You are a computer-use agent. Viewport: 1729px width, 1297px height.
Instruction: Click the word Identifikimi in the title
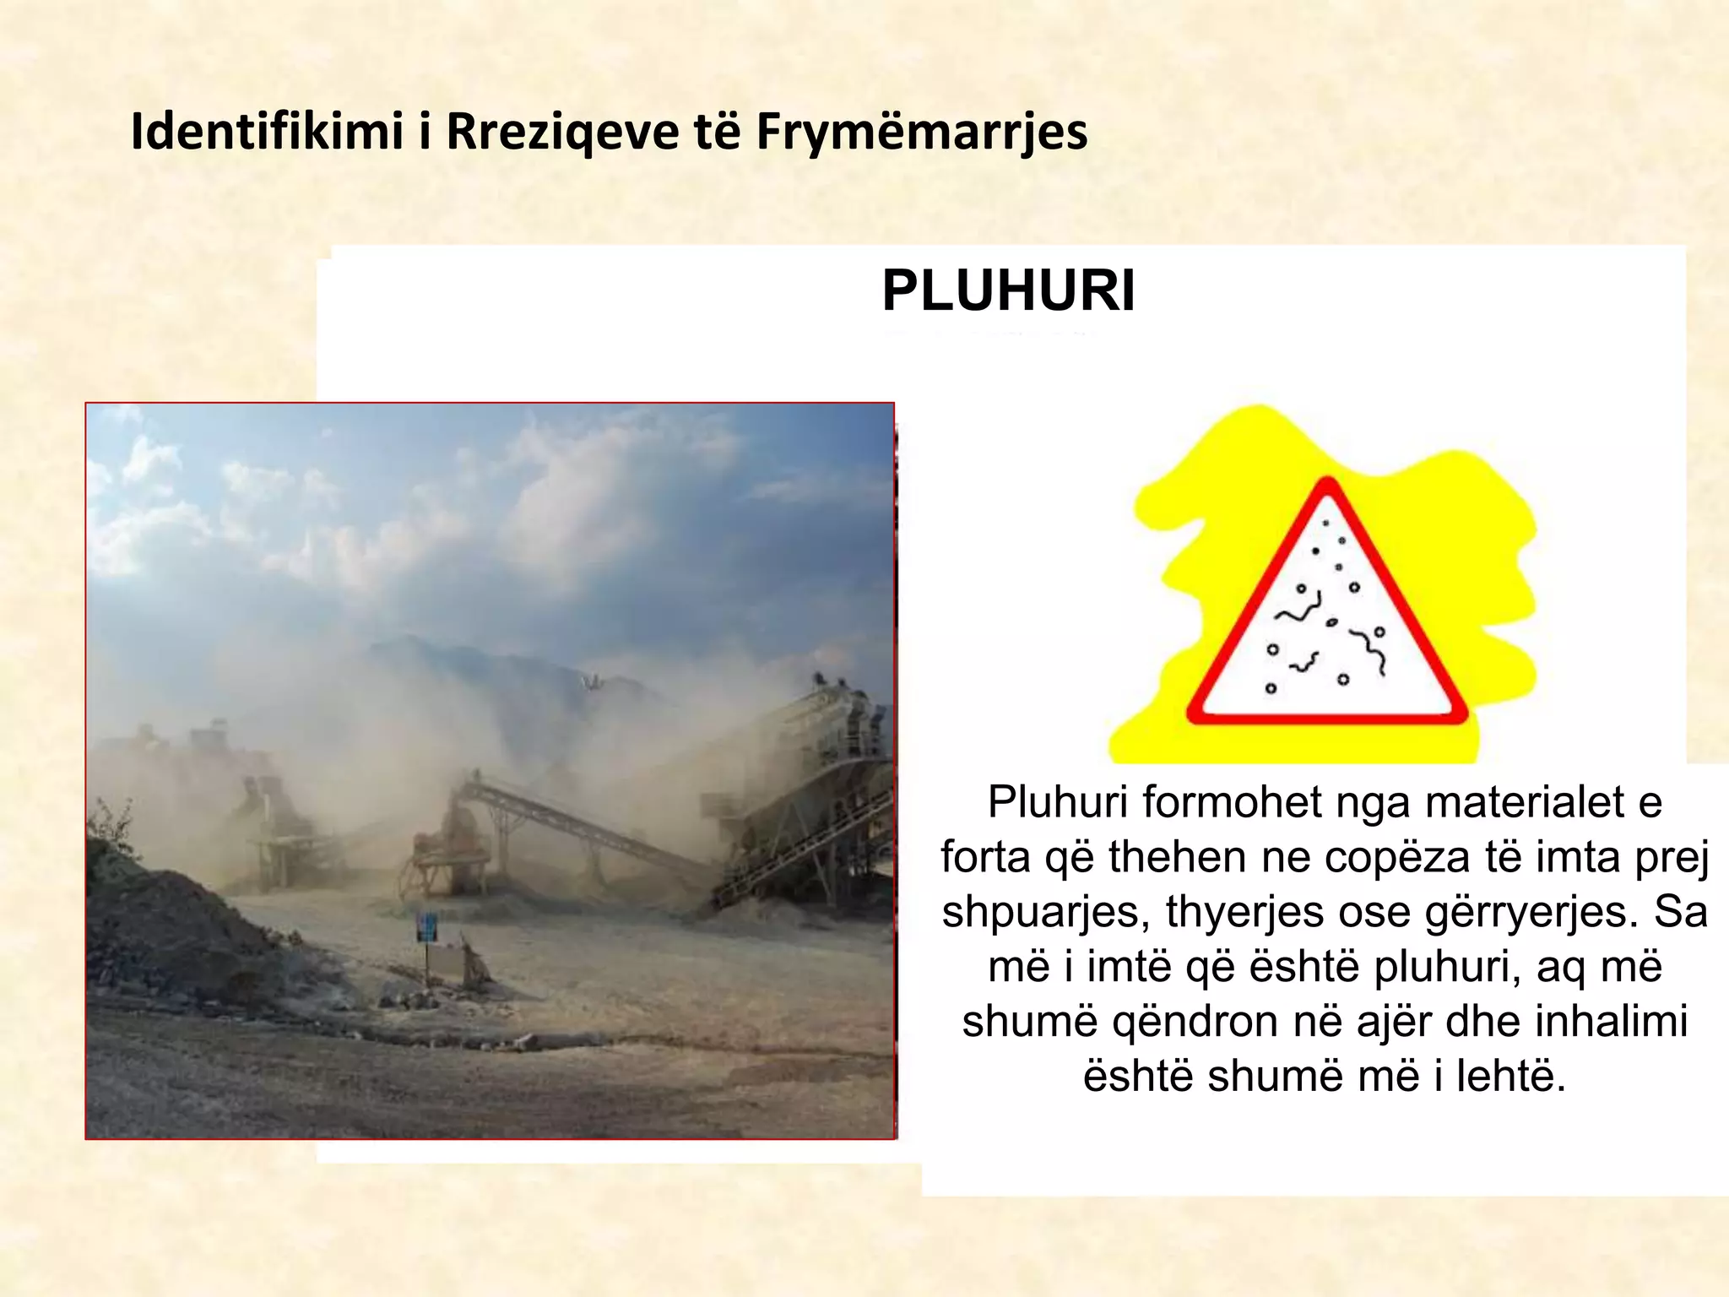[267, 132]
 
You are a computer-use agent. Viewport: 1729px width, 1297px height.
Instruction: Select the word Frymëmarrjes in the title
[921, 133]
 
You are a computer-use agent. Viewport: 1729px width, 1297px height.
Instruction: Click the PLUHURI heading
[1008, 291]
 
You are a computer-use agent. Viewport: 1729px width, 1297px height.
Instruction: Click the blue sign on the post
[427, 927]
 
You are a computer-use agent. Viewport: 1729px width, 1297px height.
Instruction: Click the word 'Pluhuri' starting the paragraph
[1059, 801]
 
